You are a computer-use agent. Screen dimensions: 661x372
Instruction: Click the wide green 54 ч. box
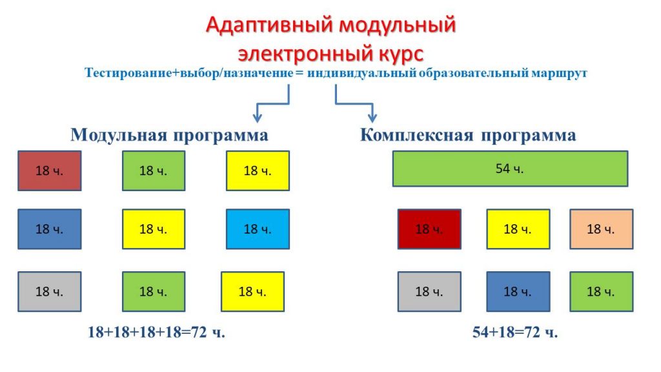point(510,169)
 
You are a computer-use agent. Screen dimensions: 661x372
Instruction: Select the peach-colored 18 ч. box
point(601,229)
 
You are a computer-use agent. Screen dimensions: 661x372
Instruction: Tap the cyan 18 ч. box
point(258,229)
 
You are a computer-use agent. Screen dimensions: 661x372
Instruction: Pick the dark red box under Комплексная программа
point(429,229)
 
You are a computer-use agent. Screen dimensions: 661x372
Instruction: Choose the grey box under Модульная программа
point(49,291)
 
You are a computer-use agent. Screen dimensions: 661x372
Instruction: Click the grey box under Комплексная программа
point(429,291)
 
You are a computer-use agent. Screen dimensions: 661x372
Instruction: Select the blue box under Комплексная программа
point(518,291)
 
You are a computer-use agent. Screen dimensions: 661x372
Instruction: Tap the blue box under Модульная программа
point(49,229)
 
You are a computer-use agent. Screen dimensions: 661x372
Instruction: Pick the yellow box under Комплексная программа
point(518,229)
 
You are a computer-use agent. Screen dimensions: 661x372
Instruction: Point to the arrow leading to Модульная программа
point(274,103)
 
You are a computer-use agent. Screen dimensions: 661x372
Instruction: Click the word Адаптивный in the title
point(269,25)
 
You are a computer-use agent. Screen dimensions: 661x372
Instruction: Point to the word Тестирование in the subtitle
point(128,72)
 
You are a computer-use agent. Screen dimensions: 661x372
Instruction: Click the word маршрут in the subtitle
point(559,74)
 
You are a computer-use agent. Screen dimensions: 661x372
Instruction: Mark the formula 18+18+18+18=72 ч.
point(156,333)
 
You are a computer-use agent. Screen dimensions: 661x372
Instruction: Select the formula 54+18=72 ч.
point(515,333)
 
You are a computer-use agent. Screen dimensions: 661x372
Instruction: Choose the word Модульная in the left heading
point(119,135)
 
